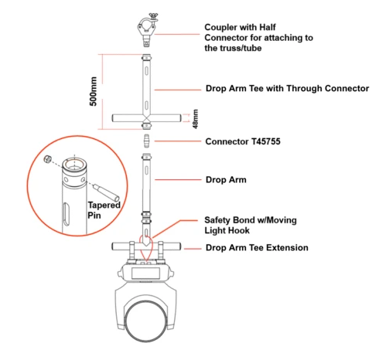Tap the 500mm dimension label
pos(94,91)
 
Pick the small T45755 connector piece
pos(147,141)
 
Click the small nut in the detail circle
pos(47,159)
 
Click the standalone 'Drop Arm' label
pos(226,179)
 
